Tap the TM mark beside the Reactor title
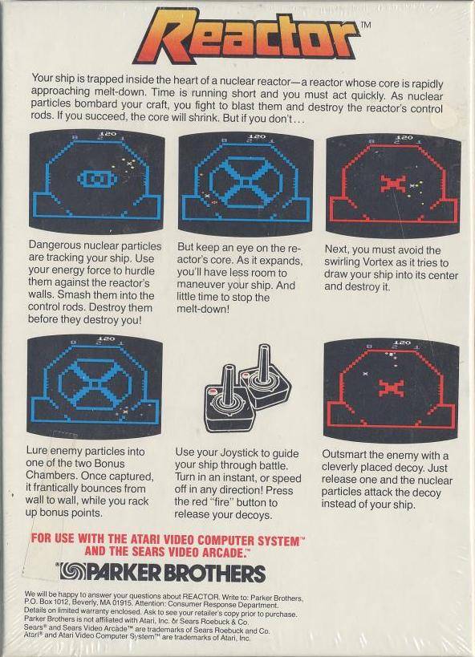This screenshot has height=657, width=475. click(366, 25)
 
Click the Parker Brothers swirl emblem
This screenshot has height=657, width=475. click(72, 572)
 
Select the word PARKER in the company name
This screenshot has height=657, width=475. click(123, 572)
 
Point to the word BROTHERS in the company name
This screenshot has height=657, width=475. click(214, 574)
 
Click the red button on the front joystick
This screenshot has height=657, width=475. click(212, 391)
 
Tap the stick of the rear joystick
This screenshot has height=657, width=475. click(265, 363)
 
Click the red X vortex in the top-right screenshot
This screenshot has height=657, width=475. click(393, 184)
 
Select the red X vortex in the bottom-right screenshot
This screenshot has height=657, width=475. click(391, 388)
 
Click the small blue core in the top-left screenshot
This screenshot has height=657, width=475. click(97, 179)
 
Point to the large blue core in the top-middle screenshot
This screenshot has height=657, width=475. click(246, 182)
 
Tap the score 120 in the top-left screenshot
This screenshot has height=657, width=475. click(108, 134)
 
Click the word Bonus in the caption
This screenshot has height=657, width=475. click(109, 464)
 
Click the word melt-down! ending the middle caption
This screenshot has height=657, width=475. click(203, 309)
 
